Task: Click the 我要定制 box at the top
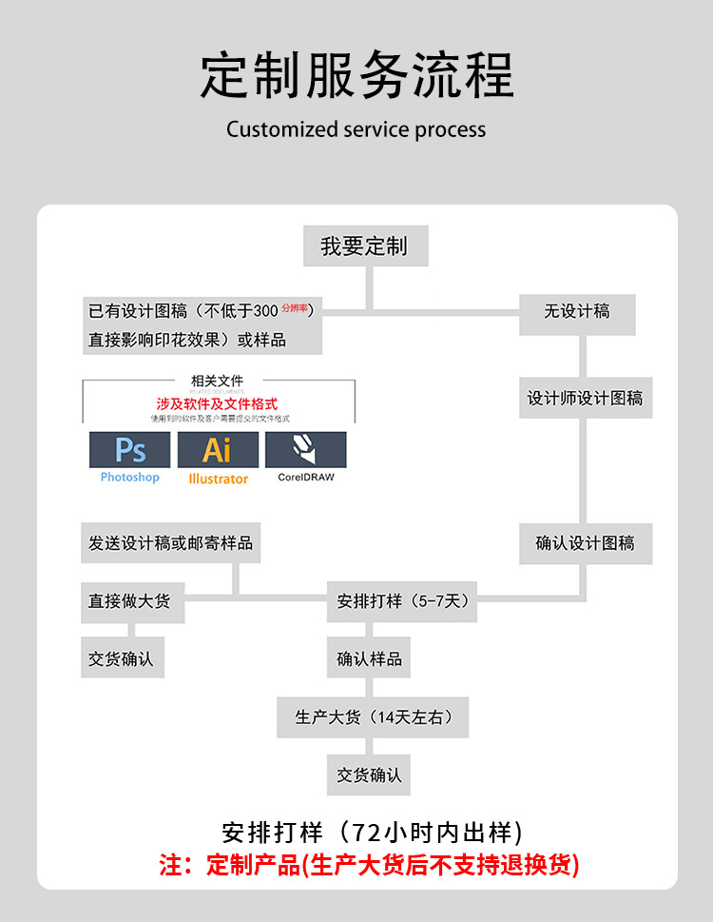tap(366, 246)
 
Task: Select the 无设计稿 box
tap(577, 312)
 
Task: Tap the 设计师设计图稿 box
tap(585, 399)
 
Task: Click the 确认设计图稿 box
tap(585, 544)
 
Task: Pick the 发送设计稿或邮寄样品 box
tap(171, 543)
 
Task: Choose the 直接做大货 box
tap(130, 601)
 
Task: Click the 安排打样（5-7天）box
tap(402, 601)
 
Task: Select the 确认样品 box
tap(369, 658)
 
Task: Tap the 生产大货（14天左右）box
tap(373, 717)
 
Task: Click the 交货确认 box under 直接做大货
tap(122, 658)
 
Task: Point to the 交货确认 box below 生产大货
tap(369, 775)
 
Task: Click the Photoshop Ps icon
tap(130, 449)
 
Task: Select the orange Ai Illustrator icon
tap(218, 449)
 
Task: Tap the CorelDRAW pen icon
tap(305, 449)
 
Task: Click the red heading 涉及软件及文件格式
tap(218, 403)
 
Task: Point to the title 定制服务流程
tap(356, 76)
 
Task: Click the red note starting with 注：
tap(369, 865)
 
